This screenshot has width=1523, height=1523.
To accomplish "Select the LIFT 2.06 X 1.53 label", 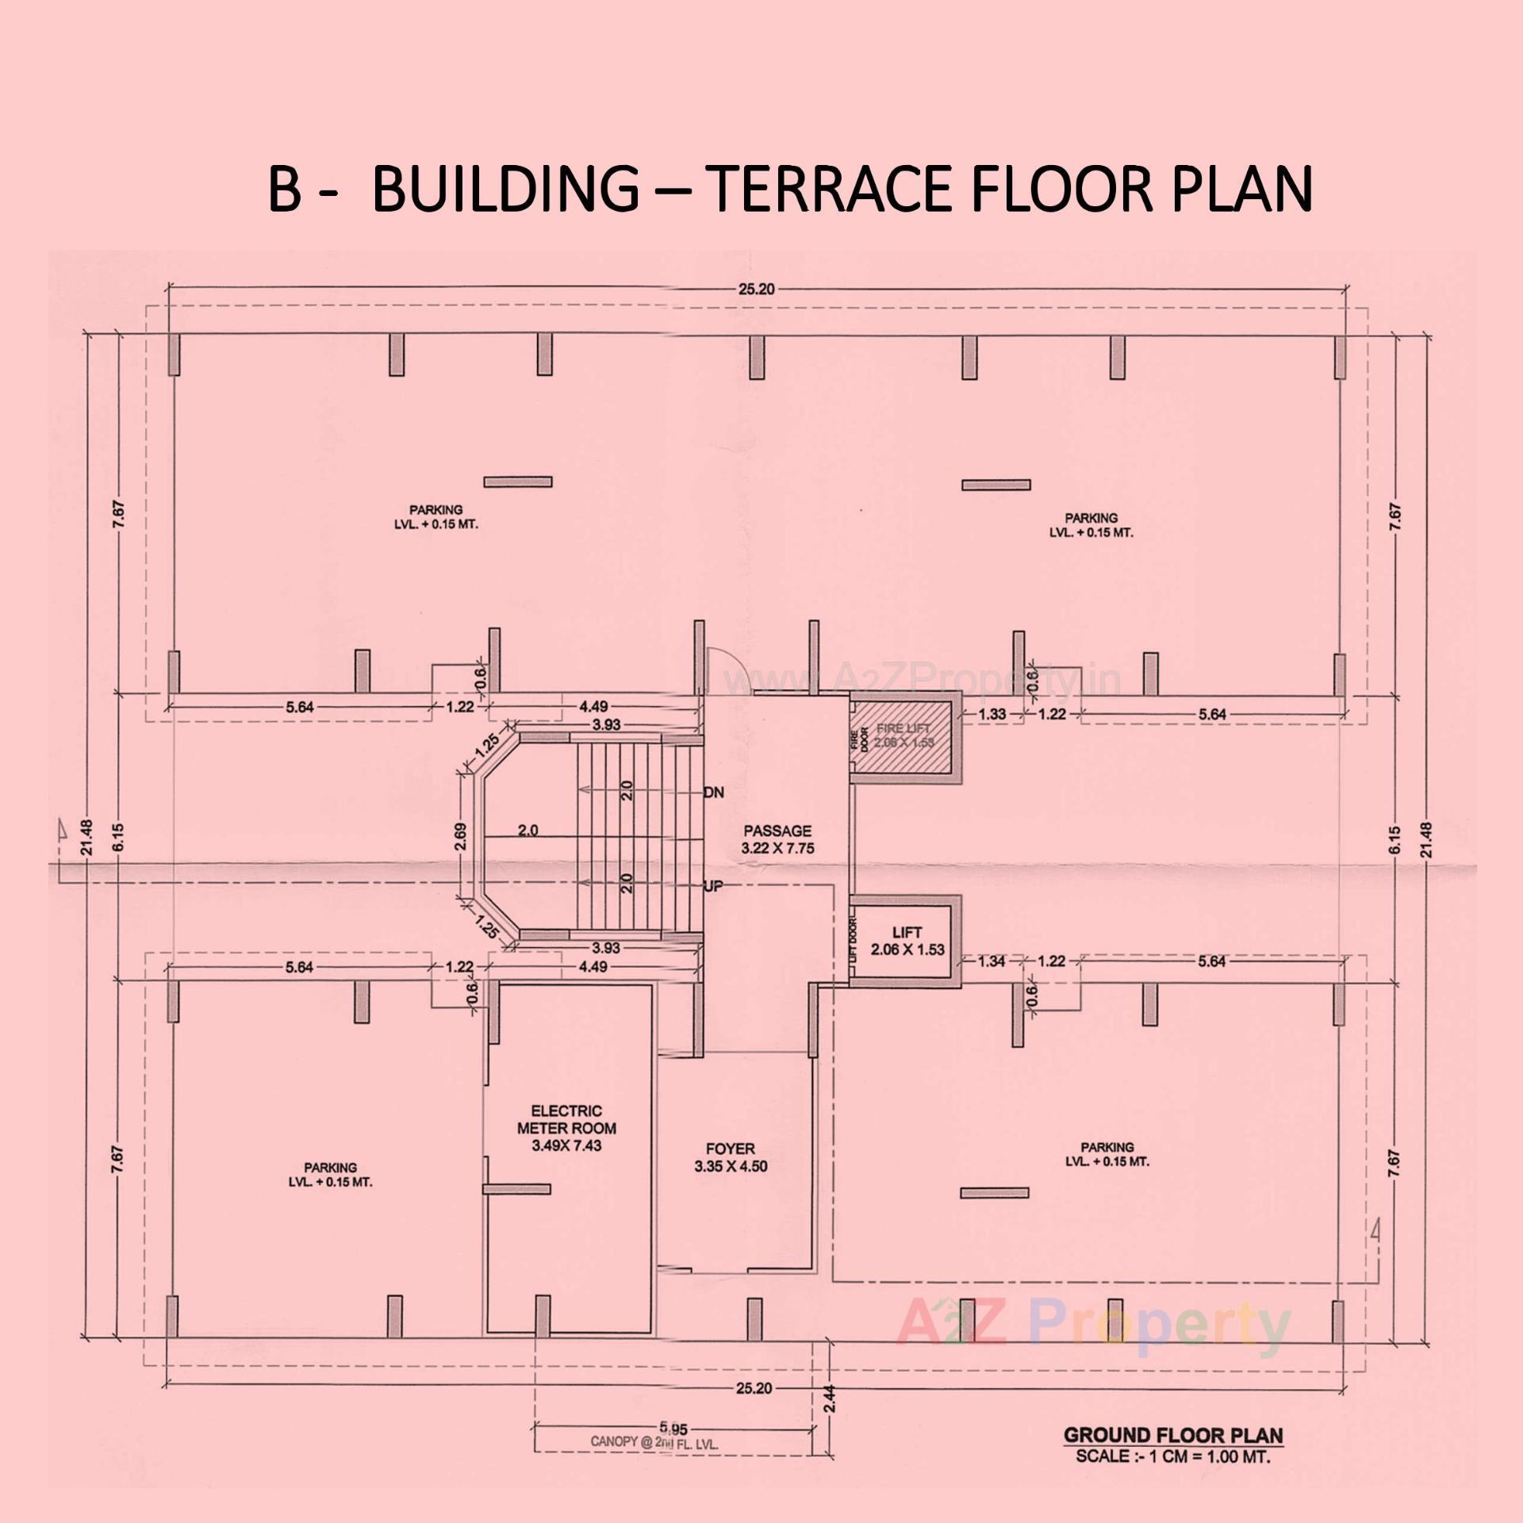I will click(x=907, y=941).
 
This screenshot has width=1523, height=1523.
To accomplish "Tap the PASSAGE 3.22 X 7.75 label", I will click(x=777, y=839).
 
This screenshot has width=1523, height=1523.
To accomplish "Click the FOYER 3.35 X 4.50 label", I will click(x=731, y=1157).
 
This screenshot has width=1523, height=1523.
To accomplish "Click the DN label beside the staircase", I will click(x=713, y=792).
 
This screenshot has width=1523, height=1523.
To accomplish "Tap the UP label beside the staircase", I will click(x=713, y=886).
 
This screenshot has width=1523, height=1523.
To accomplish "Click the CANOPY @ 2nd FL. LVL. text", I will click(x=654, y=1443).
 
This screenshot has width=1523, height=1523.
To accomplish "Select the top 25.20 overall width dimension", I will click(x=755, y=289).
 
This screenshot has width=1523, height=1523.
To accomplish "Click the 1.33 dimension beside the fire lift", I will click(x=992, y=714).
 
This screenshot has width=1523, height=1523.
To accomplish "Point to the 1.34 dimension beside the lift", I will click(x=992, y=961).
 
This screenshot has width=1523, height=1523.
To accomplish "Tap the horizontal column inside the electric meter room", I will click(x=516, y=1188).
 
